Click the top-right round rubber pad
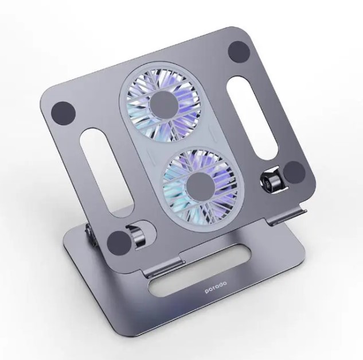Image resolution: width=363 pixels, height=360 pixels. point(239,52)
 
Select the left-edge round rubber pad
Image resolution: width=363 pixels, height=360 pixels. point(63,114)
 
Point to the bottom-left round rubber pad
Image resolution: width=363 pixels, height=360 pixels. point(119,242)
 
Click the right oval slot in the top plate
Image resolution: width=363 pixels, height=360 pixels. point(252,118)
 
